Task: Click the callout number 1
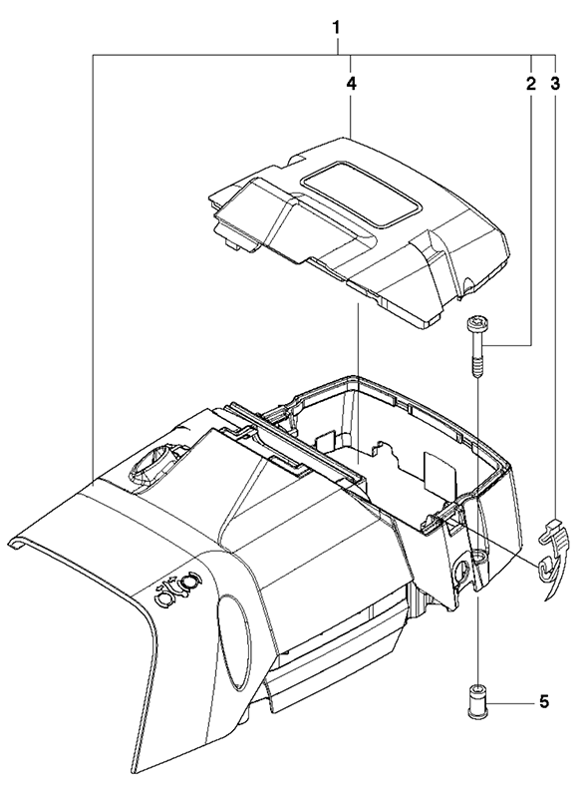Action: (x=337, y=27)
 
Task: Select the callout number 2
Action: (x=531, y=84)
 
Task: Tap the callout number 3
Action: (x=554, y=84)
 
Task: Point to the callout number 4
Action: (x=351, y=84)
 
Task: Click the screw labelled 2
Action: (x=476, y=345)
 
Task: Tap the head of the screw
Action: (x=476, y=322)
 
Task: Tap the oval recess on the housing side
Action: (x=234, y=641)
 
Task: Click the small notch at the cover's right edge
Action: (x=468, y=285)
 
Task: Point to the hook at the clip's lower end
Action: (x=545, y=569)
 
